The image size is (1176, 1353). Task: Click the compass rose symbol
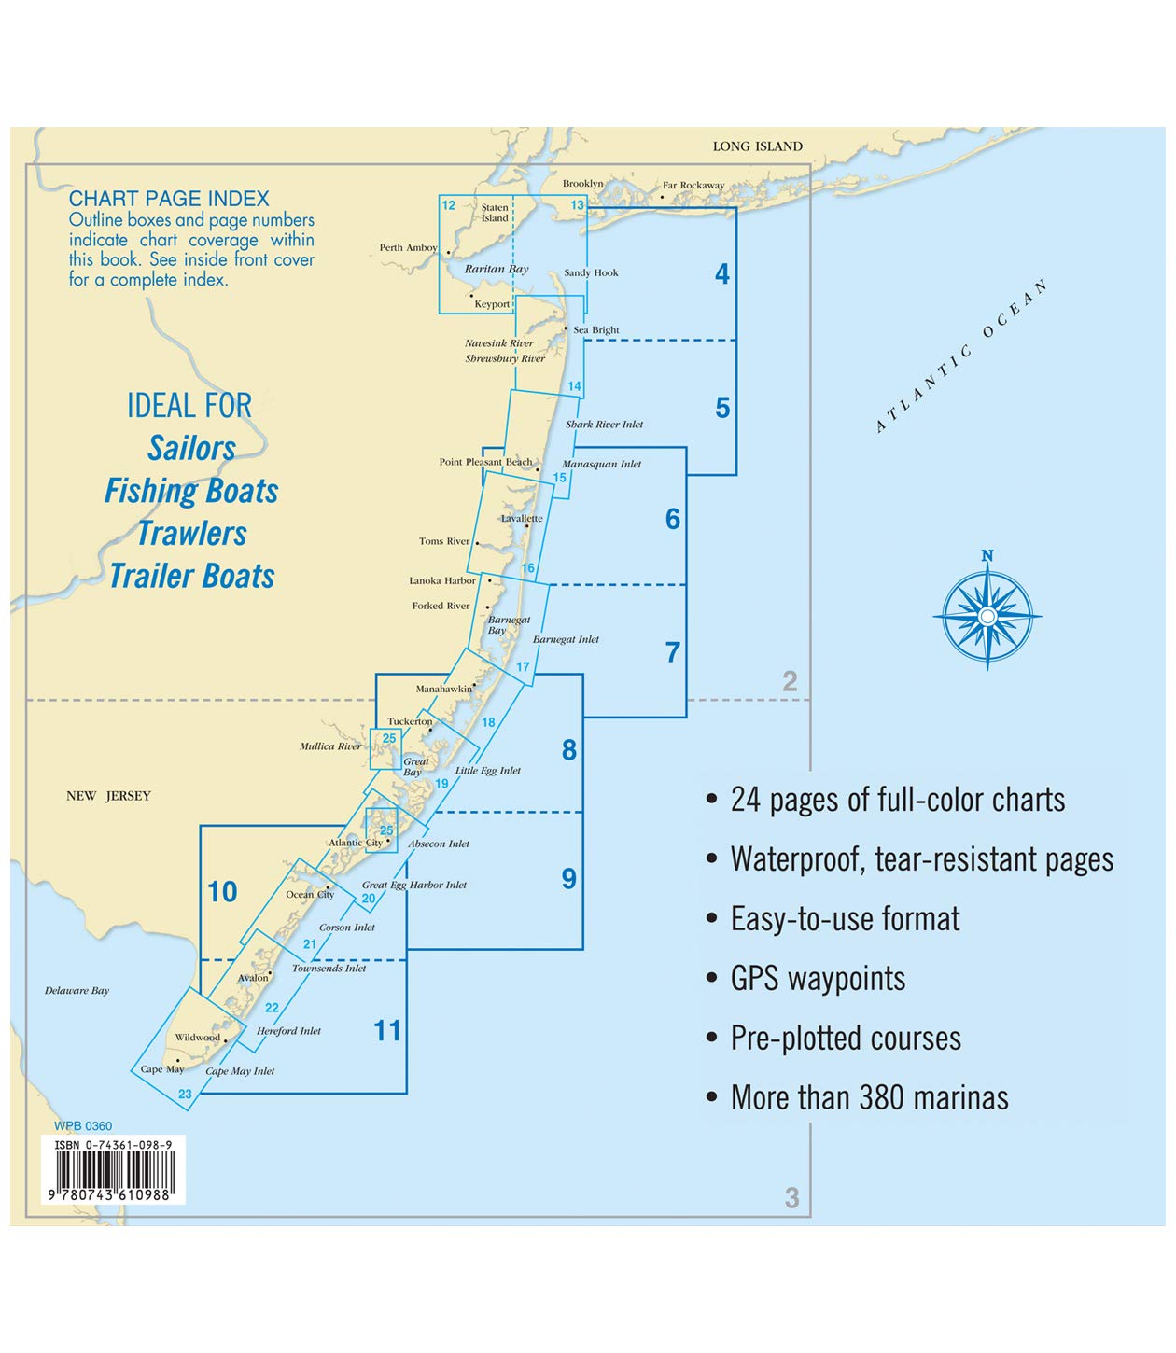click(x=987, y=615)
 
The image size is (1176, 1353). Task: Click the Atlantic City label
click(x=355, y=843)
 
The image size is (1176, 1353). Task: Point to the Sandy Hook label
click(x=591, y=272)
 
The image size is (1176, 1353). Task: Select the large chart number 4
click(x=721, y=273)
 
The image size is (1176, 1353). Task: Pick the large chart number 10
click(x=222, y=892)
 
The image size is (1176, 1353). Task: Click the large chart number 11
click(x=386, y=1031)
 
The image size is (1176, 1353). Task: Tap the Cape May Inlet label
click(x=240, y=1071)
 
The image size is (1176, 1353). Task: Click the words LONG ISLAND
click(x=757, y=146)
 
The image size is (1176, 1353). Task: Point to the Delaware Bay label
click(x=77, y=991)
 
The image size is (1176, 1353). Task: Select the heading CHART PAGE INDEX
click(x=169, y=199)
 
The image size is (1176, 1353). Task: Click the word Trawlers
click(x=192, y=534)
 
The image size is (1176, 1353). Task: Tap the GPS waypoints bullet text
click(x=818, y=979)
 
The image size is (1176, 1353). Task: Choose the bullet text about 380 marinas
click(x=869, y=1098)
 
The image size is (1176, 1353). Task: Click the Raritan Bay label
click(x=497, y=269)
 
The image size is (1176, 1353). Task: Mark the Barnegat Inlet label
click(x=566, y=639)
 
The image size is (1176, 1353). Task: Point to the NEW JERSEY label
click(x=108, y=796)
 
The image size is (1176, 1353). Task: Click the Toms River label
click(x=444, y=541)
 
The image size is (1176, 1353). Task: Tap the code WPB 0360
click(x=83, y=1126)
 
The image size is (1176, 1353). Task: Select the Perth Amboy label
click(x=408, y=247)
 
